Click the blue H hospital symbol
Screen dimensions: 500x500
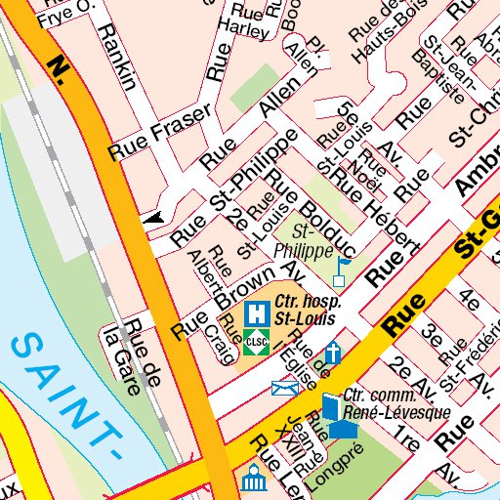pyautogui.click(x=257, y=313)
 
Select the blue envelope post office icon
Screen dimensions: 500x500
pyautogui.click(x=284, y=389)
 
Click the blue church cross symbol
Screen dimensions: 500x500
pyautogui.click(x=334, y=351)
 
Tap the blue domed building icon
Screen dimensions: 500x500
pyautogui.click(x=255, y=479)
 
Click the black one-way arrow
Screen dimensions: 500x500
pyautogui.click(x=153, y=221)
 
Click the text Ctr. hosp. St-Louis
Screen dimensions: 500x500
pyautogui.click(x=305, y=311)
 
